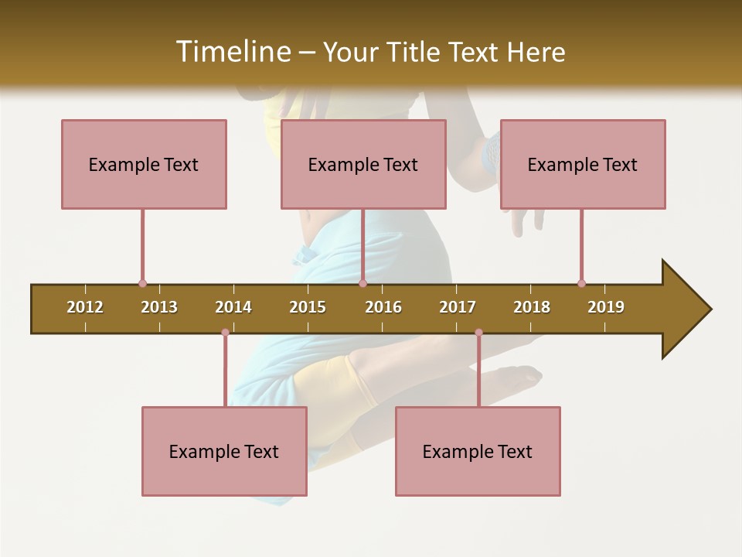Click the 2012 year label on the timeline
pyautogui.click(x=85, y=307)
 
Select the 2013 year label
pyautogui.click(x=159, y=307)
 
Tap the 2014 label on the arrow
pyautogui.click(x=233, y=307)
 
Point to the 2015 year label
pyautogui.click(x=308, y=307)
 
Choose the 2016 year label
pyautogui.click(x=383, y=307)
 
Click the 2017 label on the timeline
pyautogui.click(x=458, y=307)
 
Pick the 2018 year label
pyautogui.click(x=532, y=307)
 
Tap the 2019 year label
pyautogui.click(x=606, y=307)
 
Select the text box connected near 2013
pyautogui.click(x=144, y=164)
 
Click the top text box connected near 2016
pyautogui.click(x=363, y=164)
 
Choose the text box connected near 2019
pyautogui.click(x=583, y=164)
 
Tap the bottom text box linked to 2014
pyautogui.click(x=224, y=451)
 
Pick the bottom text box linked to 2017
pyautogui.click(x=478, y=451)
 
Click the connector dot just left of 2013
pyautogui.click(x=142, y=284)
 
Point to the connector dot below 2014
pyautogui.click(x=225, y=333)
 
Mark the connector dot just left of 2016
pyautogui.click(x=362, y=284)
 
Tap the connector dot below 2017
pyautogui.click(x=478, y=333)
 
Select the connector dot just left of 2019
pyautogui.click(x=581, y=284)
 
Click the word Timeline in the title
pyautogui.click(x=231, y=52)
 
